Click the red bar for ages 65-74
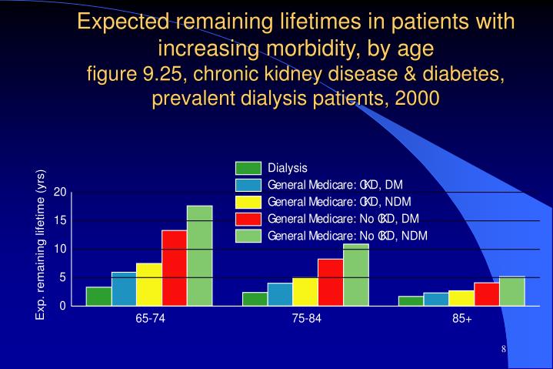click(x=174, y=268)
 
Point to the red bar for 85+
click(x=486, y=294)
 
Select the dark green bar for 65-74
click(x=98, y=297)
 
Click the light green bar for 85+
click(x=511, y=291)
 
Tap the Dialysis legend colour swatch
click(x=248, y=168)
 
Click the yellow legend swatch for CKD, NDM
click(x=248, y=202)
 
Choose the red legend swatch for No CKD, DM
click(x=248, y=219)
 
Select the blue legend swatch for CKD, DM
click(x=248, y=185)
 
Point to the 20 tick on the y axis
click(x=61, y=192)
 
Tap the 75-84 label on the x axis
click(x=305, y=319)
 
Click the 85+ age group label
click(x=461, y=319)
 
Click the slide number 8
click(x=503, y=350)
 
